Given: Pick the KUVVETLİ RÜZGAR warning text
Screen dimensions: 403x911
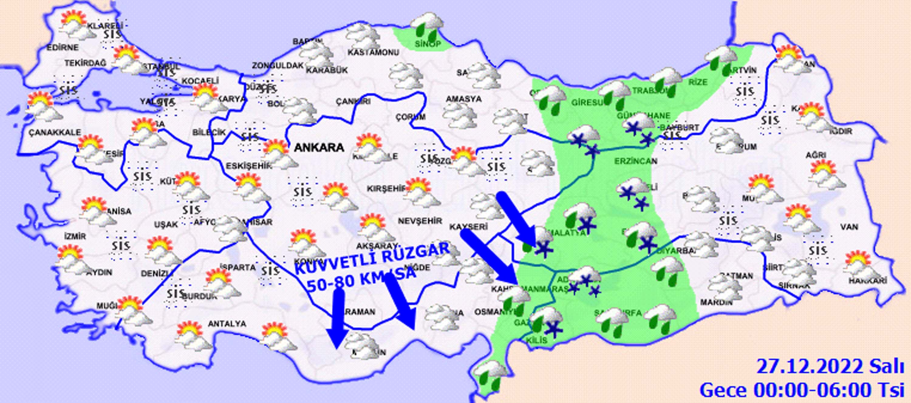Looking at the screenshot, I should pos(371,258).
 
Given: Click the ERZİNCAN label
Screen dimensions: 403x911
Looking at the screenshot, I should pos(636,161).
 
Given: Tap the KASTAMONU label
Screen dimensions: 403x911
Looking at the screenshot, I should pos(373,52).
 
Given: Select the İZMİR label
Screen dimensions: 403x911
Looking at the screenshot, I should pos(75,236).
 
